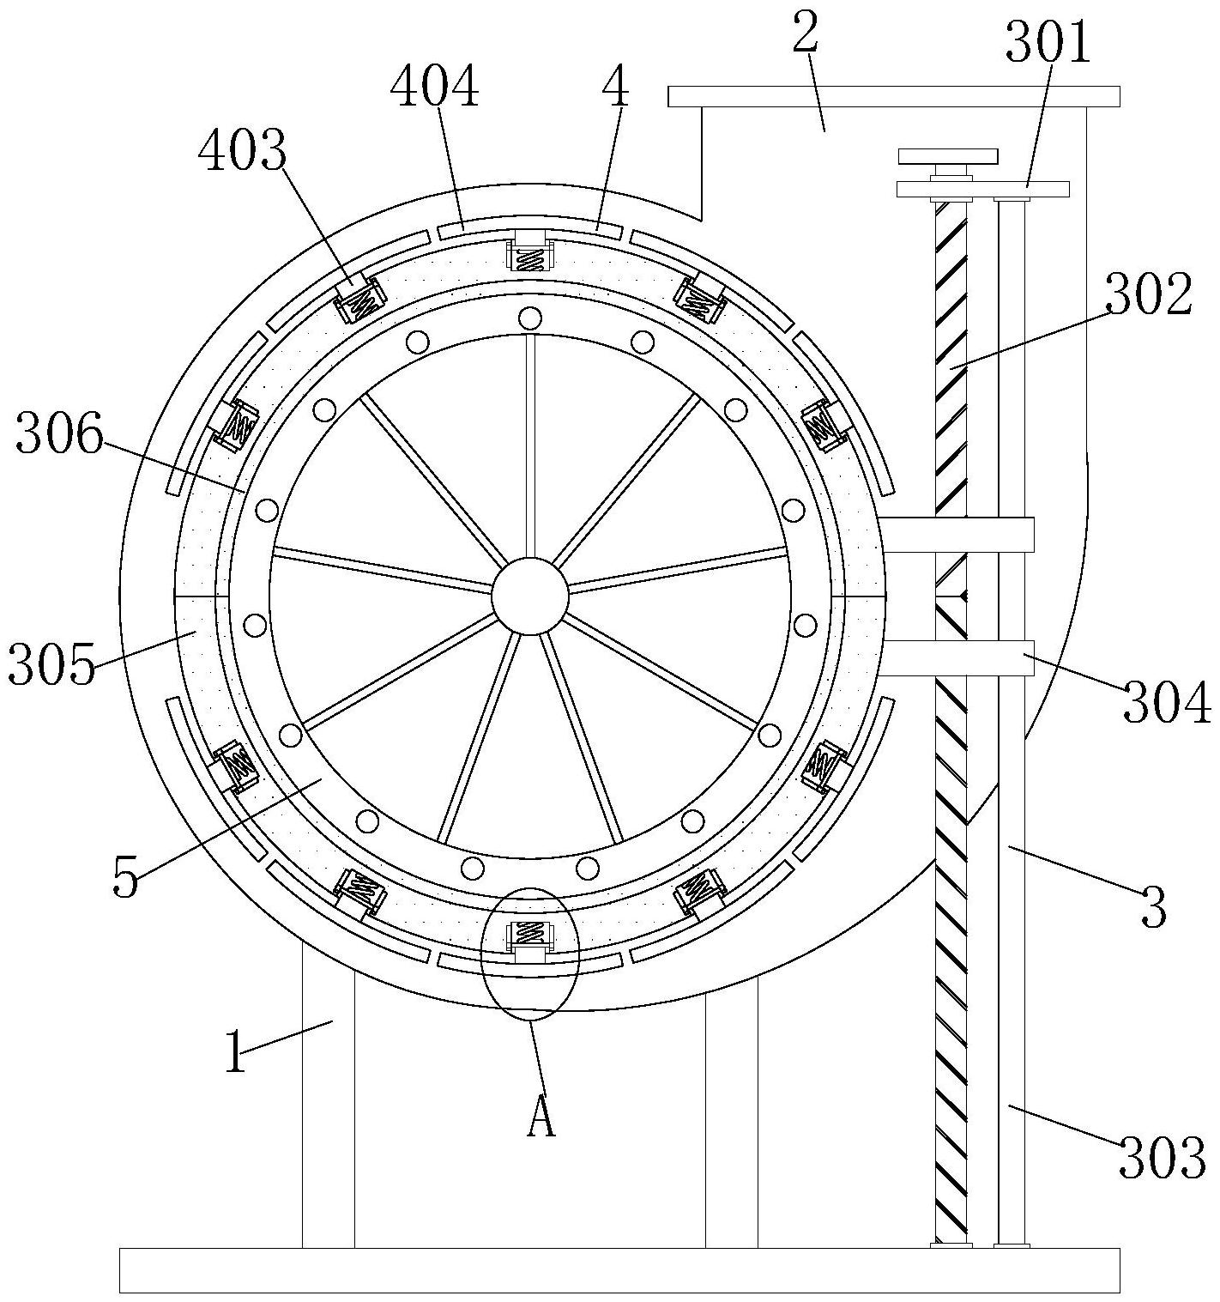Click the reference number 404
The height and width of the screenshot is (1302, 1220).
[x=435, y=88]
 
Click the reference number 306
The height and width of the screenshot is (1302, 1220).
[x=59, y=436]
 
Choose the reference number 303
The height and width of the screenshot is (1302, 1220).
[x=1163, y=1157]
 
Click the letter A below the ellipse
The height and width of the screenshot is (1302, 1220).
[x=541, y=1117]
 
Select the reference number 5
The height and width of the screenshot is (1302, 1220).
[x=125, y=878]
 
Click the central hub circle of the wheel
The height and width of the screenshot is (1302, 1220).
[x=530, y=596]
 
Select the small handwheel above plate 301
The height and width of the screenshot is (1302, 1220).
[x=948, y=156]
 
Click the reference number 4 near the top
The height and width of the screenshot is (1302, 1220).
[x=616, y=88]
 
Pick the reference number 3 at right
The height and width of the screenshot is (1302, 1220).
[x=1154, y=907]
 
